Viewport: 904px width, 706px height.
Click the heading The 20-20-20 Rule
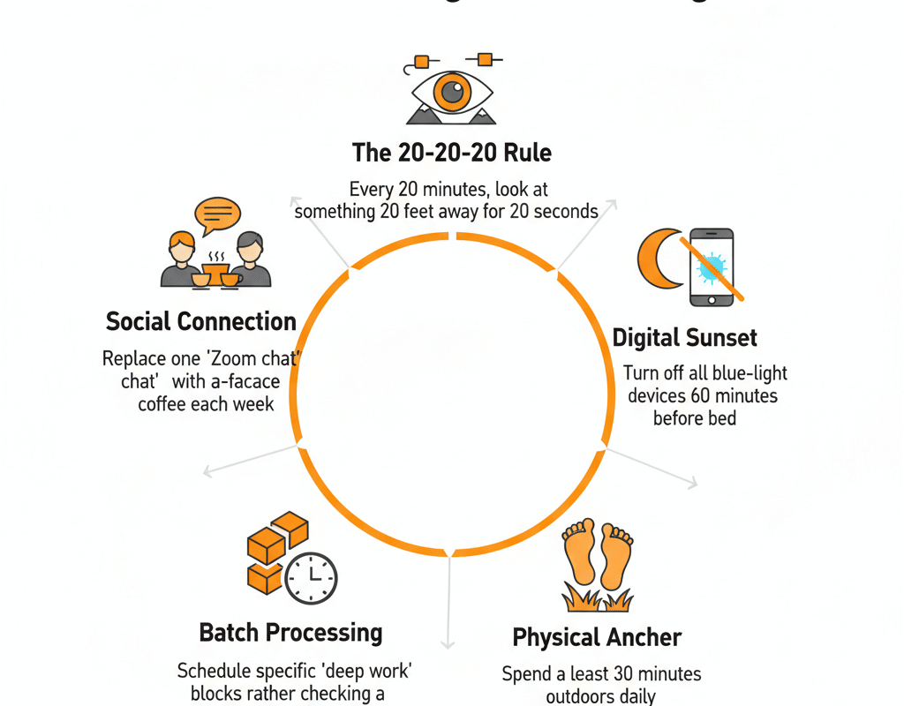point(451,153)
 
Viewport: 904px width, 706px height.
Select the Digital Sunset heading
point(684,337)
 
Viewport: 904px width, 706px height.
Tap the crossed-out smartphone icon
point(711,267)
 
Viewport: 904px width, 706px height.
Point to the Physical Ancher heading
point(597,637)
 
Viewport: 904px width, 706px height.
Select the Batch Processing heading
point(290,632)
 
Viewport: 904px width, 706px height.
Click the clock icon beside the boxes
point(312,578)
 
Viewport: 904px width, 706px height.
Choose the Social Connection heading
point(200,321)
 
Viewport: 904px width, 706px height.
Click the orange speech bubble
point(217,214)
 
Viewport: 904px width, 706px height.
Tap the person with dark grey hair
point(251,260)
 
